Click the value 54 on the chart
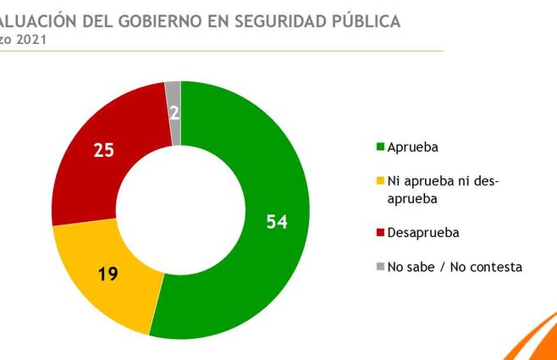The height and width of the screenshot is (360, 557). pos(277,222)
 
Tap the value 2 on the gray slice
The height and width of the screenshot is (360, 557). pos(174,113)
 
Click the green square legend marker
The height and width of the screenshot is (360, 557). pos(380,147)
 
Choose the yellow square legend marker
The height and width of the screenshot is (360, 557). pos(380,182)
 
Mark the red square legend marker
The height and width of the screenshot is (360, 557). pos(380,232)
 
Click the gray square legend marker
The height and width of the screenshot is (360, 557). pos(380,267)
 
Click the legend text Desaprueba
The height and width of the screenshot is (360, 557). pos(423,232)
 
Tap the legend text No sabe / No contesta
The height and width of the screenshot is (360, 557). pos(455,267)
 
